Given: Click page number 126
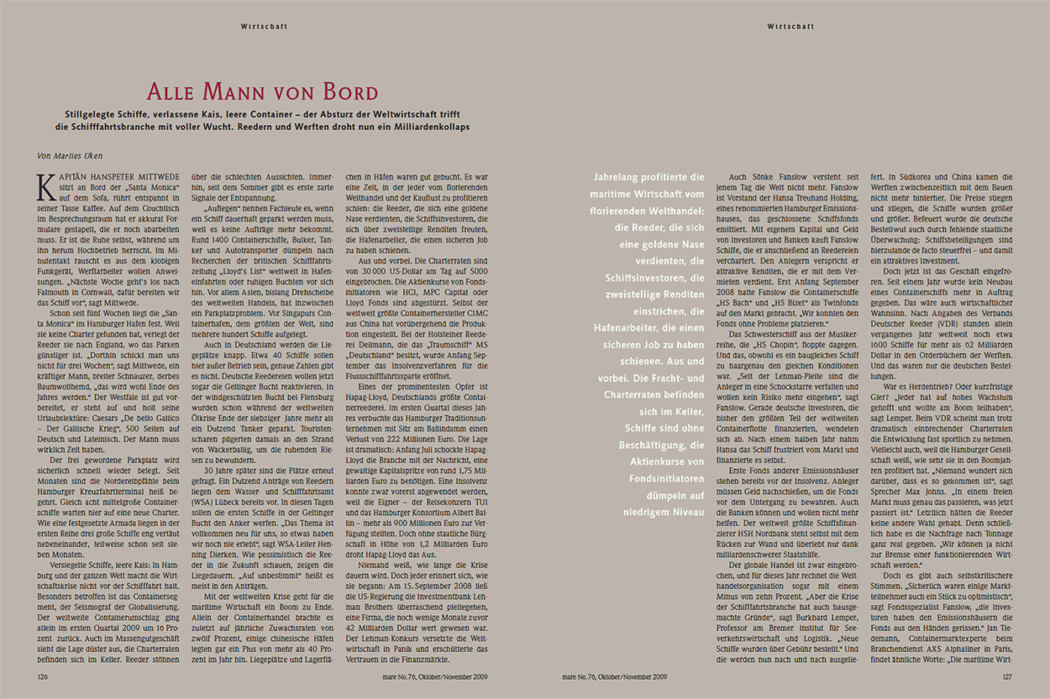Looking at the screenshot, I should (x=42, y=676).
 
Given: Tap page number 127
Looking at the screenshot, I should (x=1008, y=676).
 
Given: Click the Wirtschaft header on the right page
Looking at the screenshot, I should (x=790, y=26).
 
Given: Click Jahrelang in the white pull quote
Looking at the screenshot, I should (x=622, y=177).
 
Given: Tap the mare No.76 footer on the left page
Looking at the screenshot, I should (x=436, y=676).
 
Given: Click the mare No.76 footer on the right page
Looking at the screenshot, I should (x=614, y=676).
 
